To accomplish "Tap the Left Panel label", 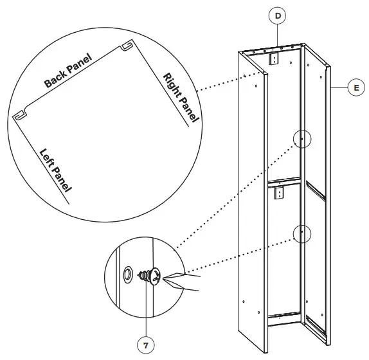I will pos(55,170).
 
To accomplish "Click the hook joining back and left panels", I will pos(20,114).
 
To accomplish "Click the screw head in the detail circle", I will pos(152,276).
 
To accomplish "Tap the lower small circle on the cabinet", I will pos(302,233).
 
